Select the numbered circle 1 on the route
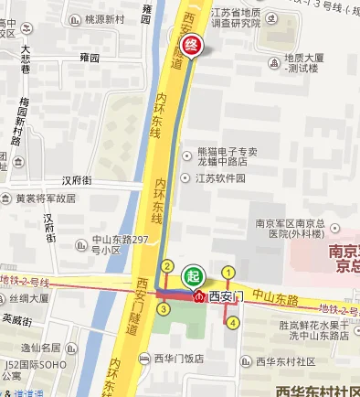point(228,272)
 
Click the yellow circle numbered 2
point(167,266)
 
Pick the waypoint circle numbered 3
point(163,309)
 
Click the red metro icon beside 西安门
point(199,296)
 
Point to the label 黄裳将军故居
point(45,198)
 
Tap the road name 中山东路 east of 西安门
point(277,298)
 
